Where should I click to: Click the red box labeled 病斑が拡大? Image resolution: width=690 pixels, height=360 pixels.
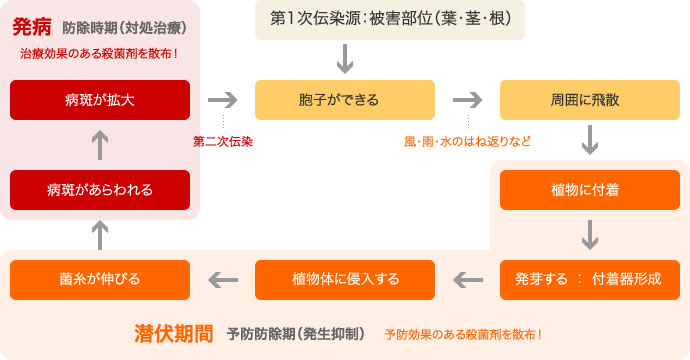point(100,100)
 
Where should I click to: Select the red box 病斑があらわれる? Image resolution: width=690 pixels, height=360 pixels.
point(100,189)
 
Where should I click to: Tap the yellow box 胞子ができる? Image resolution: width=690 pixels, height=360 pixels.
point(345,100)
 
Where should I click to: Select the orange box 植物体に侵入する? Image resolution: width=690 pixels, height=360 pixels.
point(345,279)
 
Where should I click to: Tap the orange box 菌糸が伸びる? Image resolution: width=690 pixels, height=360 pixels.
point(100,279)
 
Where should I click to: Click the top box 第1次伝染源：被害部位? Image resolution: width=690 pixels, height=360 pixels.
point(390,19)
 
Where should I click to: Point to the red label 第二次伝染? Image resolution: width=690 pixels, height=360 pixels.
point(223,142)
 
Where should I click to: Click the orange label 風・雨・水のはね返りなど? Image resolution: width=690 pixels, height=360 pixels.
point(467,142)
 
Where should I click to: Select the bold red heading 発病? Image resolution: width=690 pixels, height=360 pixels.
point(31,26)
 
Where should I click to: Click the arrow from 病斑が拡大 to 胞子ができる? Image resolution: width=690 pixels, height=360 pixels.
point(222,100)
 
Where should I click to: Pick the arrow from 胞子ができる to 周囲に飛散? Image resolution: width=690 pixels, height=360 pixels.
point(467,100)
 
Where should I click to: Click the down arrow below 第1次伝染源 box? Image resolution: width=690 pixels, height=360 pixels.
point(346,59)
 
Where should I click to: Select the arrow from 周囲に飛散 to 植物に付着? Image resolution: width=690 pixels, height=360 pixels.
point(590,141)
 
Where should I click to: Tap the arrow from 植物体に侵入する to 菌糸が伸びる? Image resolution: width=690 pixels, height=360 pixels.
point(222,279)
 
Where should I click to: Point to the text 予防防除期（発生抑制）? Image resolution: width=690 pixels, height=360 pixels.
point(296,333)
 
